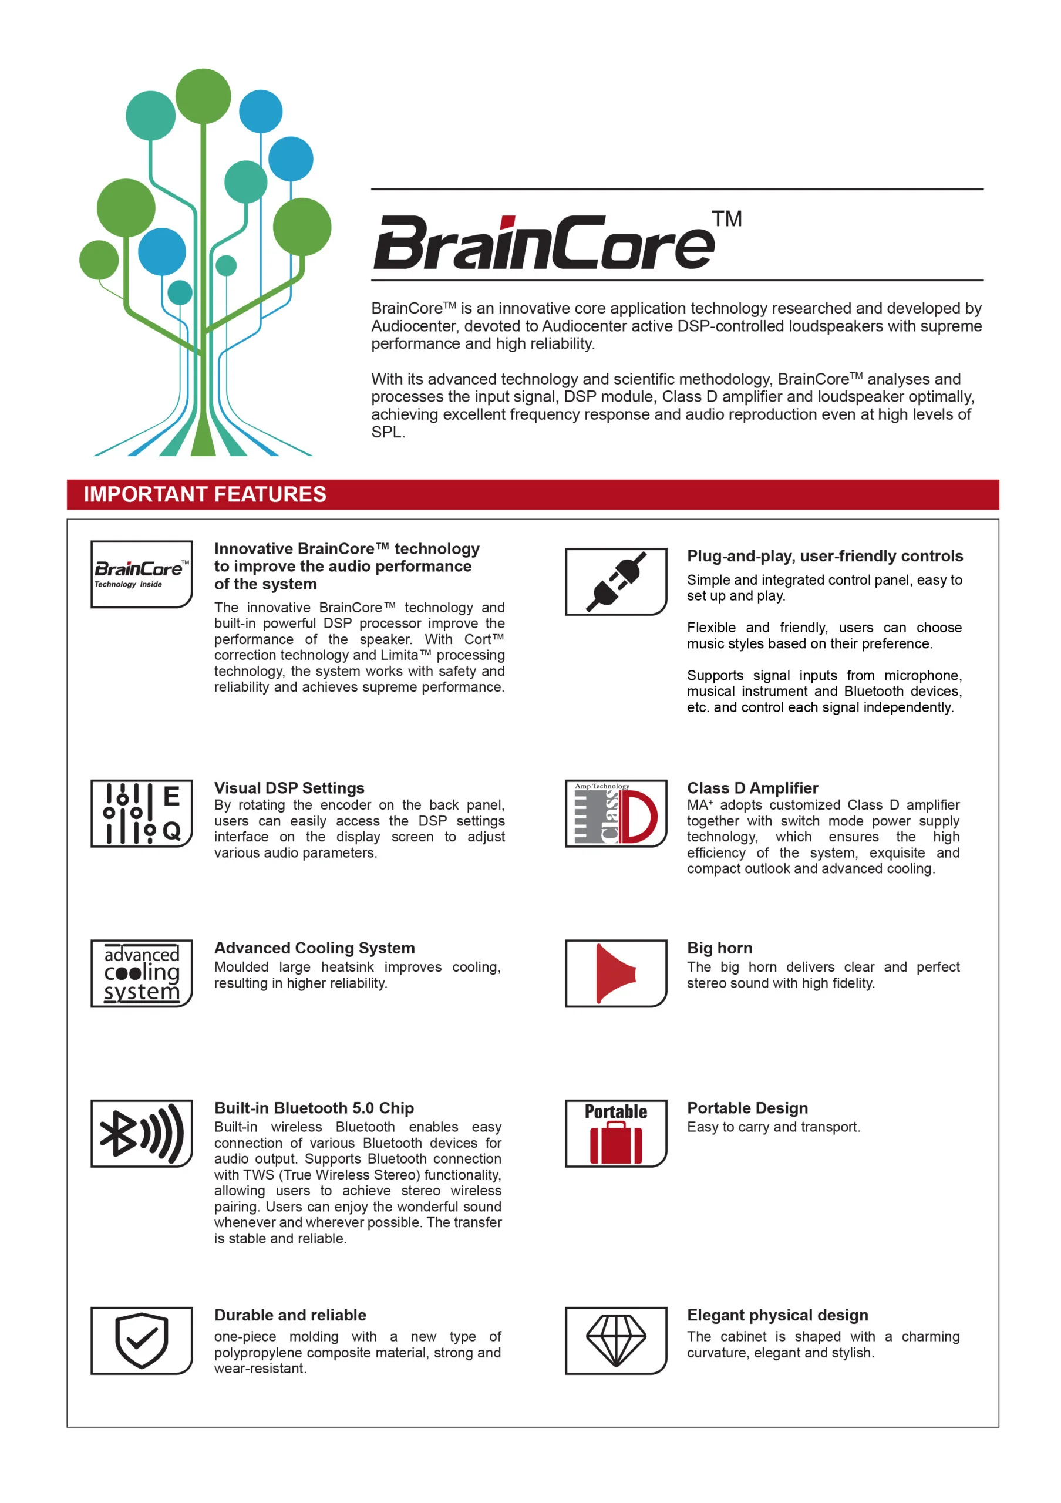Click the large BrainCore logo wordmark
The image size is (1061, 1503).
pyautogui.click(x=543, y=242)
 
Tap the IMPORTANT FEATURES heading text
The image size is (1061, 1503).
pyautogui.click(x=205, y=494)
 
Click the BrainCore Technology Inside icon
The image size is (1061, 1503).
pyautogui.click(x=142, y=574)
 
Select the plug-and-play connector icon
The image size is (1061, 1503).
pyautogui.click(x=615, y=581)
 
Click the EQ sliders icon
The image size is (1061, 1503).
pyautogui.click(x=142, y=813)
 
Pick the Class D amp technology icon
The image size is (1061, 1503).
pyautogui.click(x=615, y=813)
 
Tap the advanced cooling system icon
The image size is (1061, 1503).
pyautogui.click(x=142, y=973)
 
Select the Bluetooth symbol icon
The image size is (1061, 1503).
pyautogui.click(x=142, y=1133)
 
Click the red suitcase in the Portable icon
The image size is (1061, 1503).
pyautogui.click(x=615, y=1143)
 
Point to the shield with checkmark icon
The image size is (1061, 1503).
pyautogui.click(x=142, y=1340)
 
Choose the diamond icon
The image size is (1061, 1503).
pyautogui.click(x=615, y=1340)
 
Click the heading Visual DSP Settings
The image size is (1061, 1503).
pyautogui.click(x=289, y=787)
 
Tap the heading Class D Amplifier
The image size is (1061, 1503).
pyautogui.click(x=752, y=787)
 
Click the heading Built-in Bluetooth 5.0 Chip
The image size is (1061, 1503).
pyautogui.click(x=314, y=1108)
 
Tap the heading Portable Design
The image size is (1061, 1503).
pyautogui.click(x=747, y=1108)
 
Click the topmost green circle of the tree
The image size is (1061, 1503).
pyautogui.click(x=203, y=96)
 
